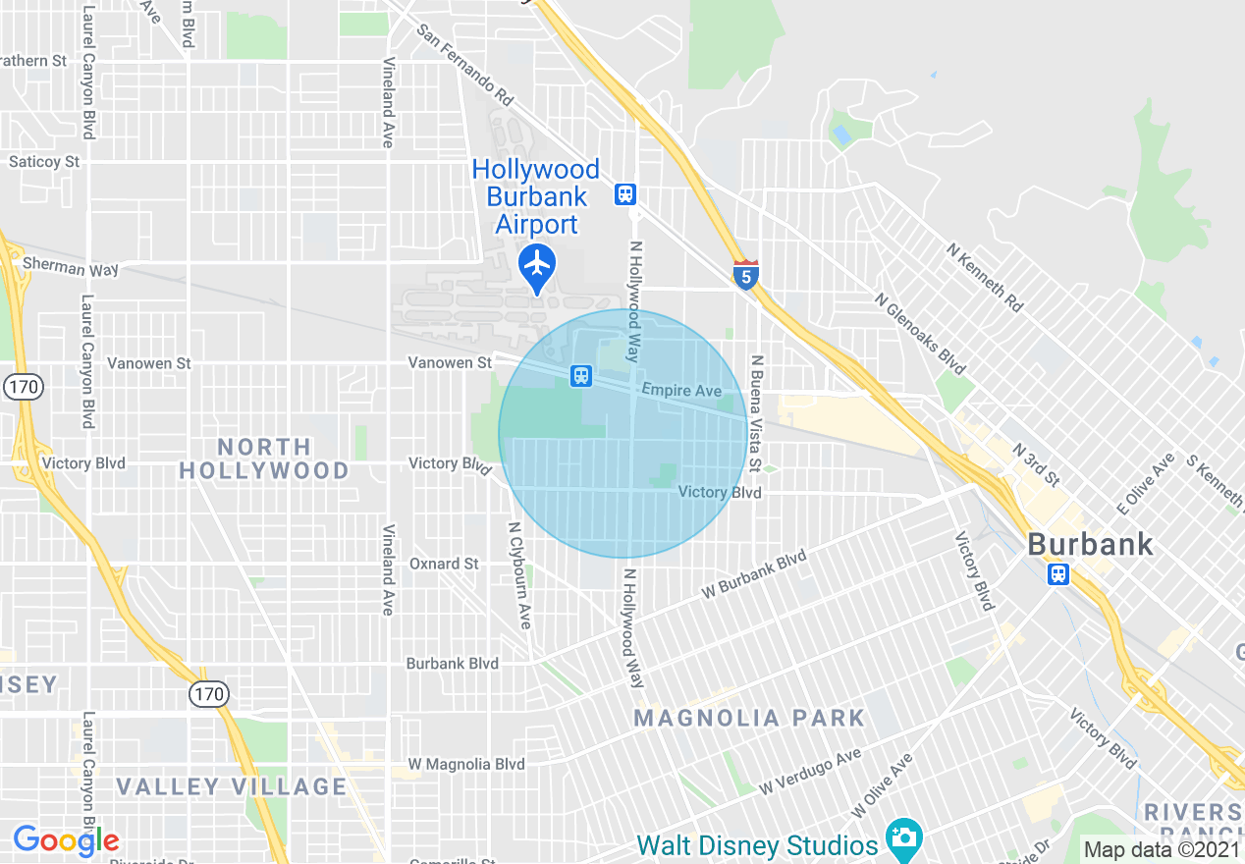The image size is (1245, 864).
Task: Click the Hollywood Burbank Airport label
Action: [536, 197]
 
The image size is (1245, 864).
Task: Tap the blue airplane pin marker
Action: [537, 265]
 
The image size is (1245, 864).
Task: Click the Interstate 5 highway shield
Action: [746, 276]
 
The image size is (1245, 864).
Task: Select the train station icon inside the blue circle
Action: [581, 375]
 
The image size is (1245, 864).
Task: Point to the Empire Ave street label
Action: [681, 391]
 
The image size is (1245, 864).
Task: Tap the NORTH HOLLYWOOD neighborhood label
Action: [264, 459]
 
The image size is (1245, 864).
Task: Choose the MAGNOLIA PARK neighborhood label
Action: [749, 719]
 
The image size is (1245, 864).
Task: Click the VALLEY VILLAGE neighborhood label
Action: [232, 786]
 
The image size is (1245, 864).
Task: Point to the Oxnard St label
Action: [444, 564]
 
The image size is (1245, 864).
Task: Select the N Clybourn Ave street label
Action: [519, 575]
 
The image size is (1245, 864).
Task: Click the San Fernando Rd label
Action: [465, 65]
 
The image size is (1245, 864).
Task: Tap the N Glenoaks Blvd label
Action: [920, 333]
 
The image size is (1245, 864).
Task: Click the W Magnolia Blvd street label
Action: [466, 764]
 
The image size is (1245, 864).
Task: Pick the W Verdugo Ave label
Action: [810, 771]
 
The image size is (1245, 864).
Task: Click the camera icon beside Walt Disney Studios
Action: [903, 837]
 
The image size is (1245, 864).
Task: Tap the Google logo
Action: [66, 840]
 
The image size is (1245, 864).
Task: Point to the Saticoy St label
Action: [44, 161]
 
